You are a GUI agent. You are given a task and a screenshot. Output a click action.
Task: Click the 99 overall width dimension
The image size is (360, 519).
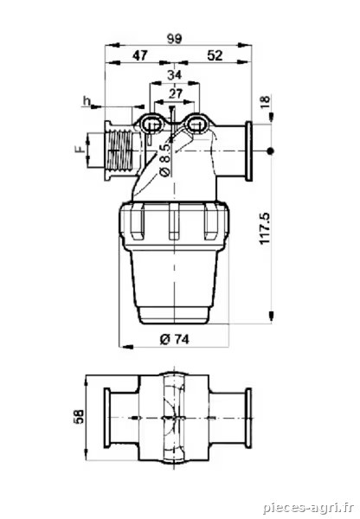tap(174, 39)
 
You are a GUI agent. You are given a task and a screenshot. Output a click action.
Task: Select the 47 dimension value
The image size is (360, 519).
tap(140, 55)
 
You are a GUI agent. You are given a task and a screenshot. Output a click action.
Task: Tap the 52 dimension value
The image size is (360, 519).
tap(215, 55)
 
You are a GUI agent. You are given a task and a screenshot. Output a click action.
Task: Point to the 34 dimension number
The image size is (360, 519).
tap(174, 75)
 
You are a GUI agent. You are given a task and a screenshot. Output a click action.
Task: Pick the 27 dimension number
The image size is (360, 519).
tap(175, 93)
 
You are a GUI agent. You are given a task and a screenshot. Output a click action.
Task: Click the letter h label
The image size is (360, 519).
tap(87, 101)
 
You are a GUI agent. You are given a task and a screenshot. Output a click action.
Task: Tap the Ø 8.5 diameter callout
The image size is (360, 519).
tap(164, 159)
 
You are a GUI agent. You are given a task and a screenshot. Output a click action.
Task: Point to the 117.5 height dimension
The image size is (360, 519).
tap(265, 228)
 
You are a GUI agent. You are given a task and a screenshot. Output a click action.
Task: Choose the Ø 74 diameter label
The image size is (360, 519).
tap(175, 338)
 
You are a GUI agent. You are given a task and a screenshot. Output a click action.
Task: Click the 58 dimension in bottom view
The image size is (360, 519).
tap(80, 416)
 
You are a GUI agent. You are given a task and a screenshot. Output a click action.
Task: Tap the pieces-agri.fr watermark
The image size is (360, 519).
tap(309, 507)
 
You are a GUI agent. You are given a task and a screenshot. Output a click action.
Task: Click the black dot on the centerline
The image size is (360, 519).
tap(271, 151)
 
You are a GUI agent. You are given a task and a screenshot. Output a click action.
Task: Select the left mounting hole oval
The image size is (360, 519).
tap(152, 125)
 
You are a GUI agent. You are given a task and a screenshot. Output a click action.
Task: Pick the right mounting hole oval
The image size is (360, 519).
tap(196, 125)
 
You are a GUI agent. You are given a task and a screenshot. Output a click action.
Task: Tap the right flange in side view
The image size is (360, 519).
tap(248, 151)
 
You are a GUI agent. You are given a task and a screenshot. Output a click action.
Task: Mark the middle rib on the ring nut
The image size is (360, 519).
tap(174, 221)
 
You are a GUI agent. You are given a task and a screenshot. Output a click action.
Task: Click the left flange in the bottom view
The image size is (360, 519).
tap(107, 418)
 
